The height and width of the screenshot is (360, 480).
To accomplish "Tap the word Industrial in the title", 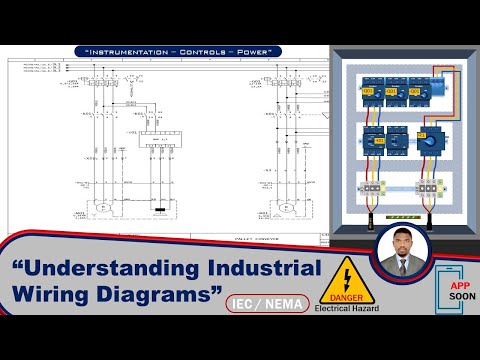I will tap(263, 269).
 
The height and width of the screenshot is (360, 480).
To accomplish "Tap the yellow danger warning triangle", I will tap(345, 275).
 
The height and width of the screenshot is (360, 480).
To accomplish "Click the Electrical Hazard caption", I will tap(347, 308).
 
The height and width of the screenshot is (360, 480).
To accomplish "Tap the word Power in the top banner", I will tap(249, 51).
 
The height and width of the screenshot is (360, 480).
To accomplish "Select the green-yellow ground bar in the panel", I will tap(400, 214).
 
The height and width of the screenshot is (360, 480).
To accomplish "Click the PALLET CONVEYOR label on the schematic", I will tap(244, 238).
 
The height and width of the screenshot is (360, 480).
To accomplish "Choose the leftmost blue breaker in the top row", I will tap(369, 90).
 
